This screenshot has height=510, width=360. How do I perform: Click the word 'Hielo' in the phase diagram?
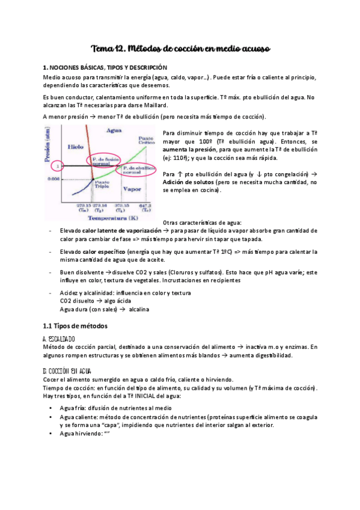(x=75, y=146)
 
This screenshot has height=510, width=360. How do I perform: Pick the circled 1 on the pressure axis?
(x=58, y=165)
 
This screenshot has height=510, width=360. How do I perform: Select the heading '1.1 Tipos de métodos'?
(x=75, y=325)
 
